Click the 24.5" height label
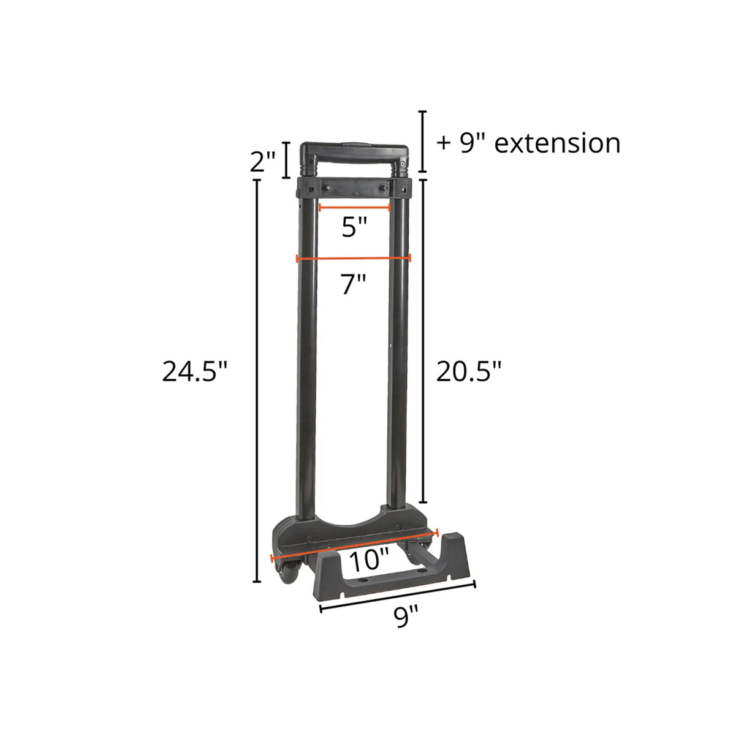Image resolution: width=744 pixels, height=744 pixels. tap(194, 371)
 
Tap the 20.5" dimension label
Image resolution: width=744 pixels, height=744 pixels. tap(469, 371)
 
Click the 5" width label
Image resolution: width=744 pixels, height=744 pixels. tap(354, 228)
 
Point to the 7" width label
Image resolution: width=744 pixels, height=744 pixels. tap(354, 284)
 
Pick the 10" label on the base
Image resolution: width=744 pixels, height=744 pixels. tap(369, 560)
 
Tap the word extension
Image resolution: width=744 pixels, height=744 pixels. tap(557, 143)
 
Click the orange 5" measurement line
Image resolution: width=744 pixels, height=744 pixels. tap(354, 208)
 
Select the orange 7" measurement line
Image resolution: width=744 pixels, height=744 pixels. tap(354, 259)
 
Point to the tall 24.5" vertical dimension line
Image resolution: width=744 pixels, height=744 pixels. tap(257, 380)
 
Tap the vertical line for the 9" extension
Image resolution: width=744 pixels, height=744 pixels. tap(422, 142)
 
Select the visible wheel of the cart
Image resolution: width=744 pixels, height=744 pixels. tap(289, 574)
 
